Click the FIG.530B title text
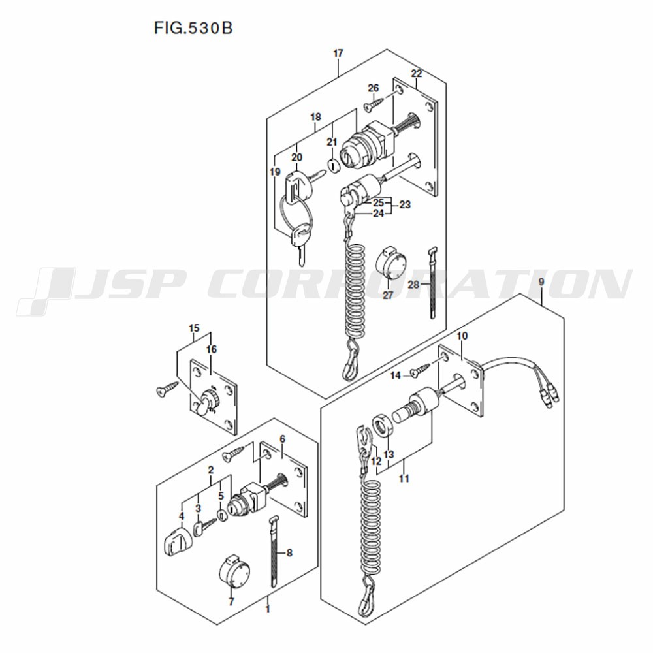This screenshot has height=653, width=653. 193,28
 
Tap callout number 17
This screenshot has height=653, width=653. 338,54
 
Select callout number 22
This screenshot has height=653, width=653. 417,74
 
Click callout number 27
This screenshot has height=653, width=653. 388,296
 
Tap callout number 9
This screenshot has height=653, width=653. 541,282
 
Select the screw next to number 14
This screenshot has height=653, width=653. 421,370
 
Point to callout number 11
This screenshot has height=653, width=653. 404,479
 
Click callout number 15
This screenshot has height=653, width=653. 194,328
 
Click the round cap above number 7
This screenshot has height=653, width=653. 234,571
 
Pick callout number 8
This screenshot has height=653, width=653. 289,552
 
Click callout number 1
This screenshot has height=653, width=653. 268,609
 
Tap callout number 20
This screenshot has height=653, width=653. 297,157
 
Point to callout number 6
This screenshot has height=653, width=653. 282,439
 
